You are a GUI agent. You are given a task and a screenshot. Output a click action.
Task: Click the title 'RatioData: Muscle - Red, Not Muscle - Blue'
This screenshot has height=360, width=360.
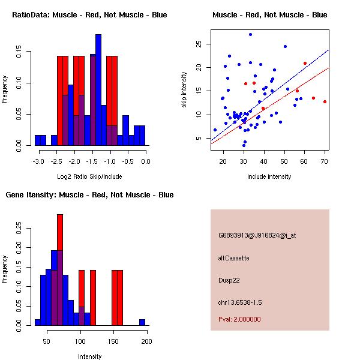pyautogui.click(x=89, y=14)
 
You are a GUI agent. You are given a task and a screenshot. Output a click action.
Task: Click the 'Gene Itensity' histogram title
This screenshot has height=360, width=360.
pyautogui.click(x=89, y=195)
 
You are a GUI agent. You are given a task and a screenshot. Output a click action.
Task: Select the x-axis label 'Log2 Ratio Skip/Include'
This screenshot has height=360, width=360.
pyautogui.click(x=90, y=176)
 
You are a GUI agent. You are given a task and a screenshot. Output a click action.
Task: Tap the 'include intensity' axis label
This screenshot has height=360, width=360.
pyautogui.click(x=269, y=176)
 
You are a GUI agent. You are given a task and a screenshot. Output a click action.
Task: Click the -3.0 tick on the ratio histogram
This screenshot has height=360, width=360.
pyautogui.click(x=40, y=161)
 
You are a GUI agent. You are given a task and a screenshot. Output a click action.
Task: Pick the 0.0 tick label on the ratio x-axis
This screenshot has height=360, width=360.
pyautogui.click(x=146, y=161)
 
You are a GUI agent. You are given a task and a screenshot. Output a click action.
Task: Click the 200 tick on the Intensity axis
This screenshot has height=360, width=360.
pyautogui.click(x=146, y=341)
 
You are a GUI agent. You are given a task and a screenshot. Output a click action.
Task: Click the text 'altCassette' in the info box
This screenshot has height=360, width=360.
pyautogui.click(x=234, y=258)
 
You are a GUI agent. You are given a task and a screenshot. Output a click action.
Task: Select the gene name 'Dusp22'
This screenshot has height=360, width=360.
pyautogui.click(x=229, y=280)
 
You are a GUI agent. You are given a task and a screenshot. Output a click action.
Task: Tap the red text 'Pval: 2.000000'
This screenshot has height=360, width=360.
pyautogui.click(x=239, y=319)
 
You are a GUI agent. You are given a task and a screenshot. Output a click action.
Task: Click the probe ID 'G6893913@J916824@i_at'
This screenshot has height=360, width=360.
pyautogui.click(x=257, y=235)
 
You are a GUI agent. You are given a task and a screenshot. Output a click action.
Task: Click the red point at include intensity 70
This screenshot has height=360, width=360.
pyautogui.click(x=325, y=101)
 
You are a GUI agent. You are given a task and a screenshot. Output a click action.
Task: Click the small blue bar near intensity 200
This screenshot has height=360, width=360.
pyautogui.click(x=142, y=322)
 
